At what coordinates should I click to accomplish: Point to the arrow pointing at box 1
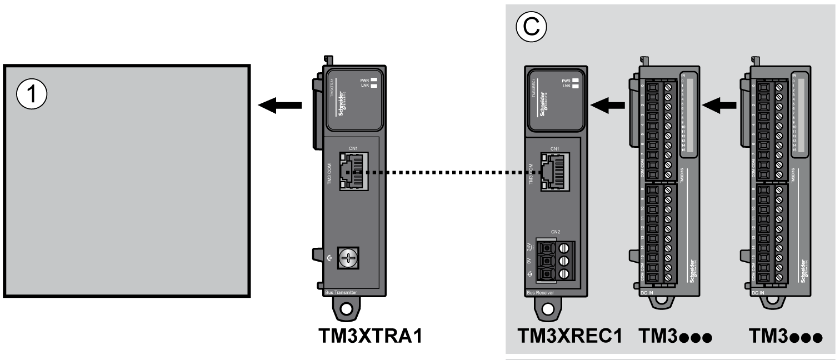coord(281,106)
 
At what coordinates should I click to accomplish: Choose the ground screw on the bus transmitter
coord(347,259)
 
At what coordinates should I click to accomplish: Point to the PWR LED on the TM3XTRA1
coord(373,80)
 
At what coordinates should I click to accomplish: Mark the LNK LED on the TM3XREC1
coord(576,86)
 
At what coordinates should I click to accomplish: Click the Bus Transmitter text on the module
coord(340,292)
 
